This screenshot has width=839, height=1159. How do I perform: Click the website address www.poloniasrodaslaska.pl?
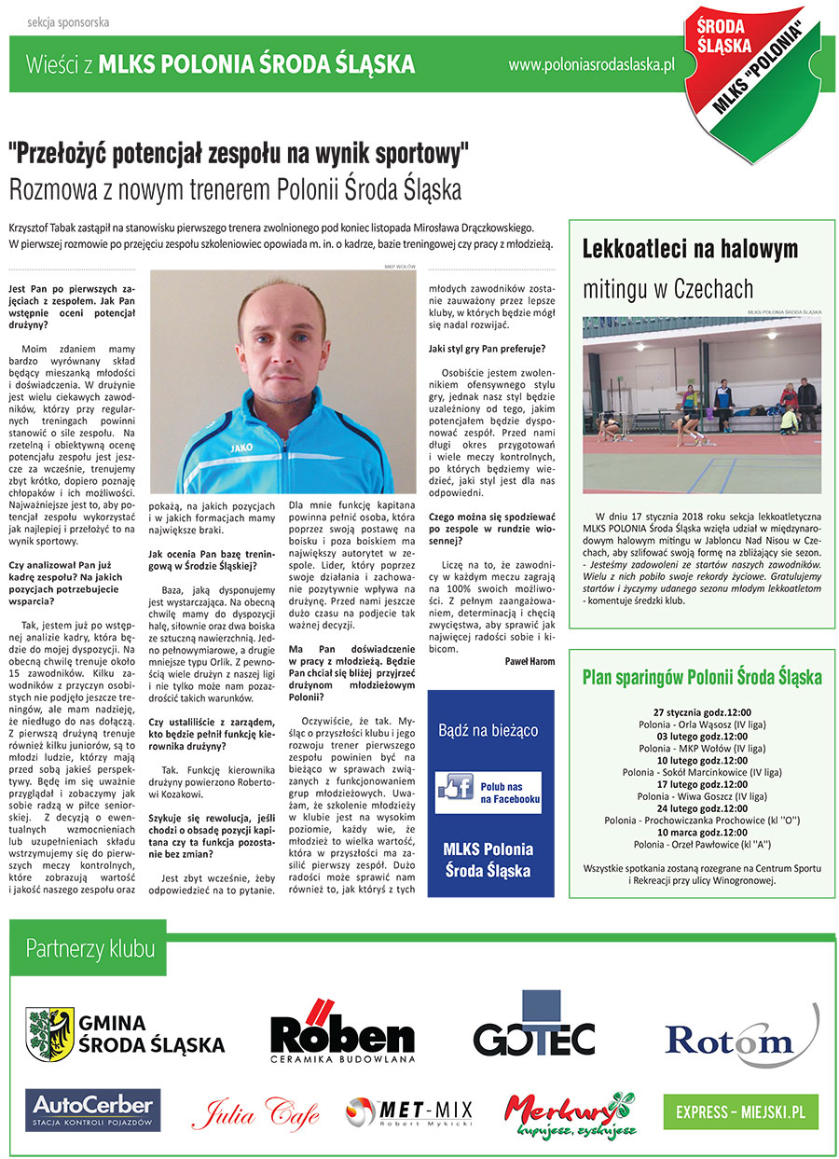tap(591, 65)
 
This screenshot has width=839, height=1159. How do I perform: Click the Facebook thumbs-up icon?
tap(456, 788)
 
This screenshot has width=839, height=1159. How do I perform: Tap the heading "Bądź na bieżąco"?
tap(489, 729)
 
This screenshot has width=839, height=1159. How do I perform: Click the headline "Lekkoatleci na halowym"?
tap(690, 249)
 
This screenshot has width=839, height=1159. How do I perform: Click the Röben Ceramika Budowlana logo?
tap(342, 1034)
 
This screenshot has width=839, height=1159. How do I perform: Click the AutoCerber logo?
tap(92, 1110)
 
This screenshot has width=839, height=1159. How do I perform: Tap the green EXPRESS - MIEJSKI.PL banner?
tap(740, 1112)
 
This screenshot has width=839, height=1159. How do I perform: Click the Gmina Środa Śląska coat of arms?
tap(49, 1033)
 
